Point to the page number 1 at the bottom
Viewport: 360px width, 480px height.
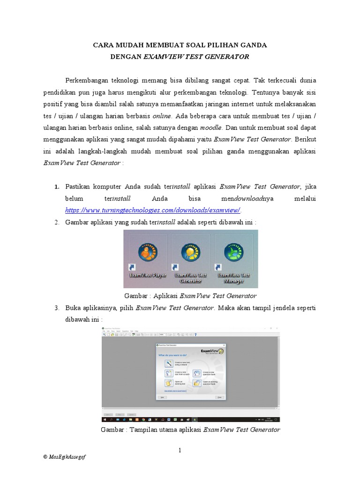(180, 450)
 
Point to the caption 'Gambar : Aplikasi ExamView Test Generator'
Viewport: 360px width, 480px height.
(190, 296)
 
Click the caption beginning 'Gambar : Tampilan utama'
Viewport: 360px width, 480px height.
(190, 429)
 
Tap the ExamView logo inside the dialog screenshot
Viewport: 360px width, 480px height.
(212, 352)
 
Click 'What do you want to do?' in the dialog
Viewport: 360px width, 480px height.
(174, 357)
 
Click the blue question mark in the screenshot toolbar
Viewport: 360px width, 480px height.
(195, 335)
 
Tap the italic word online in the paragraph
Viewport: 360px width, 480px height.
(163, 115)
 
